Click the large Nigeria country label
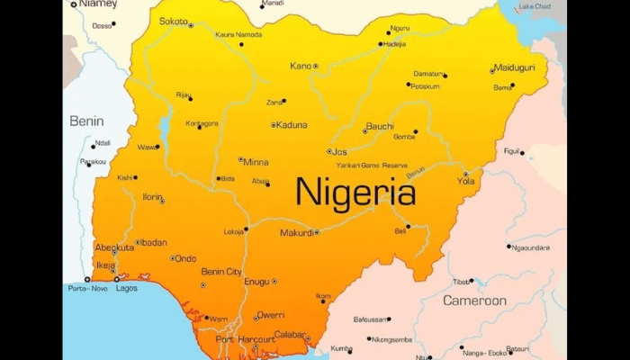(x=355, y=193)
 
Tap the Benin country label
(x=87, y=121)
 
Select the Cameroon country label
(x=474, y=301)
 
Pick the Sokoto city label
(x=173, y=21)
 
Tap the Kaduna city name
(x=292, y=125)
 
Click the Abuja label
(x=260, y=181)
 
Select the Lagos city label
(x=127, y=288)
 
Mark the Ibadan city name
(x=153, y=242)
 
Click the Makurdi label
(x=296, y=232)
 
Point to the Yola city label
(x=465, y=181)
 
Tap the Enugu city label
(x=256, y=282)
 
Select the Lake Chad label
(x=535, y=6)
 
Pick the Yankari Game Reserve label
(x=372, y=166)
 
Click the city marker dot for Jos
(x=329, y=152)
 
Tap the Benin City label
(x=220, y=271)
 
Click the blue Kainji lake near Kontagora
(x=165, y=122)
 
